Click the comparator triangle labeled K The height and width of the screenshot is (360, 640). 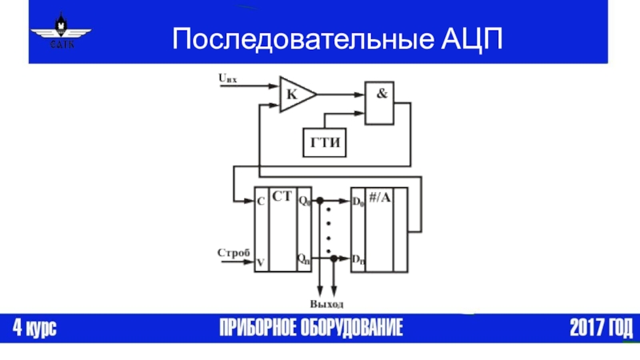(x=294, y=94)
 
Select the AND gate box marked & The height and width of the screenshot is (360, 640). (x=380, y=102)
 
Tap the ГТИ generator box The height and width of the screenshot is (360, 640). (x=323, y=142)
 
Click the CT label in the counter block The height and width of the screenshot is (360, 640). (x=282, y=197)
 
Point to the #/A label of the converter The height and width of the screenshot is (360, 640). (x=379, y=198)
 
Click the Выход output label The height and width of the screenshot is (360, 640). (x=326, y=305)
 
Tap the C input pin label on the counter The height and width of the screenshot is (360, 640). (x=261, y=202)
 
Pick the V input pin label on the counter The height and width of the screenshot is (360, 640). (x=261, y=261)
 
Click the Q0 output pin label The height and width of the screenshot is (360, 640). (x=303, y=202)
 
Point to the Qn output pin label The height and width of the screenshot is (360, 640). (x=303, y=258)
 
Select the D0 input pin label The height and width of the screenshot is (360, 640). (x=358, y=202)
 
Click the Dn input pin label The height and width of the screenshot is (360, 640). (x=358, y=259)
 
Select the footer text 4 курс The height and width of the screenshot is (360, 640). (x=34, y=329)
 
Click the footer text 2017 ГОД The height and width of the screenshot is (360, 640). (x=600, y=329)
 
